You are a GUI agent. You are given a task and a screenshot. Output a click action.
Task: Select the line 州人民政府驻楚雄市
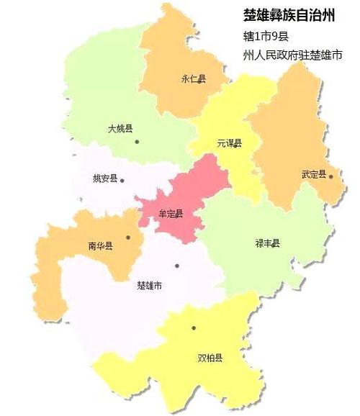[292, 55]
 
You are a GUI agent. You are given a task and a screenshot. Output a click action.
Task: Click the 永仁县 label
[193, 80]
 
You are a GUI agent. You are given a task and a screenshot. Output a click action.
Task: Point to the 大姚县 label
[120, 129]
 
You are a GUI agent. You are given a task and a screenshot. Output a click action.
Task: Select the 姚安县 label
[106, 179]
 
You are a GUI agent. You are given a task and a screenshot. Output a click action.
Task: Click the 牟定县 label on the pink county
[170, 214]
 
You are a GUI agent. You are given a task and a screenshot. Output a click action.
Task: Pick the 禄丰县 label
[267, 243]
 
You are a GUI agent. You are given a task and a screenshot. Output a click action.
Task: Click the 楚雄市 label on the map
[149, 285]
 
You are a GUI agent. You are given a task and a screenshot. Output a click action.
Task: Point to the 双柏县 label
[210, 356]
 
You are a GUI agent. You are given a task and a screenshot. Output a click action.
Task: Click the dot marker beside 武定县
[331, 176]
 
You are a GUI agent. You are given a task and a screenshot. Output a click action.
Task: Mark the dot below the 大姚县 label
[137, 141]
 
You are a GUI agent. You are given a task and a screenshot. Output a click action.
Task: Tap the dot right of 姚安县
[123, 181]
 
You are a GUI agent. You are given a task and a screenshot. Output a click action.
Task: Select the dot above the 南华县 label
[128, 237]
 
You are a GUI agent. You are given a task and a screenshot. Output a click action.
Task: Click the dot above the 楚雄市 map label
[177, 266]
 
